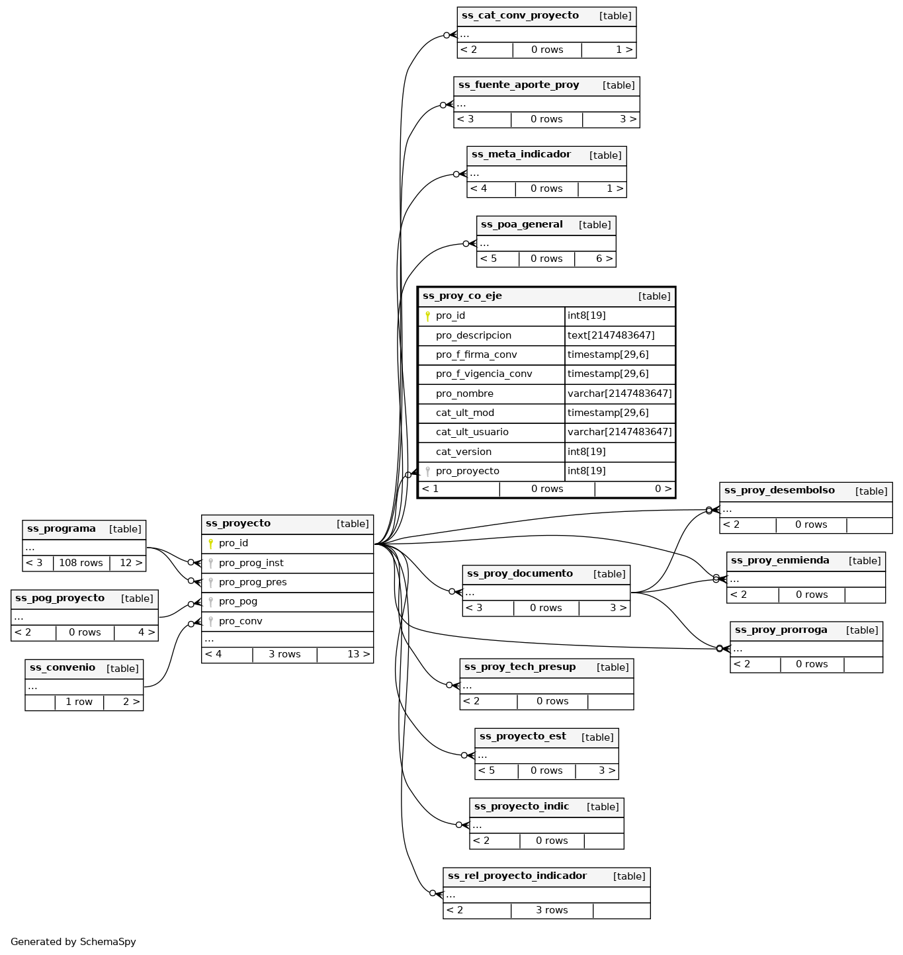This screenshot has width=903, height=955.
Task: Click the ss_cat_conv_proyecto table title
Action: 520,16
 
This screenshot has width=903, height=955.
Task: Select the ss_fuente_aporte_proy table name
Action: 519,85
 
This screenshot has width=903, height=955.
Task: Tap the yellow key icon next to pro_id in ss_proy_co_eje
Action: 427,316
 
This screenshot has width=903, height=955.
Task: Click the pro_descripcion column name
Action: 473,335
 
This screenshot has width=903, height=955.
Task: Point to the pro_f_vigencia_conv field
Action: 484,374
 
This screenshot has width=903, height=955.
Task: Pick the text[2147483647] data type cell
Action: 611,335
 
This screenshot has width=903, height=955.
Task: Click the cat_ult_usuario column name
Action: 472,433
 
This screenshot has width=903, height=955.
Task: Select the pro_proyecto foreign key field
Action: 467,472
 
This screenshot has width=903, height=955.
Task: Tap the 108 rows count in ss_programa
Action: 81,563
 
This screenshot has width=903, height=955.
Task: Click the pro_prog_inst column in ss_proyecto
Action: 251,563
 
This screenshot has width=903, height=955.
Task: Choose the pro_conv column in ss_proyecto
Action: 240,622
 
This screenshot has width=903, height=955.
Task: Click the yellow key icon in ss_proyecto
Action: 210,544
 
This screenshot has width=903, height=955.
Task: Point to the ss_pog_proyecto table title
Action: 60,599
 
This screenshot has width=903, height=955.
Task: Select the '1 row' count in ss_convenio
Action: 79,702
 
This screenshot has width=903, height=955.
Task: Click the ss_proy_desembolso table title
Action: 779,491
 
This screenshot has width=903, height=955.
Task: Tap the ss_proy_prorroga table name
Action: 781,630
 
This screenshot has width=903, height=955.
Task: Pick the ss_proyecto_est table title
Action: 523,737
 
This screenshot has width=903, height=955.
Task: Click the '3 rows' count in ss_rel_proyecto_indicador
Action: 552,911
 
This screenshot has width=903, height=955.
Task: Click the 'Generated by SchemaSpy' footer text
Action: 73,942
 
